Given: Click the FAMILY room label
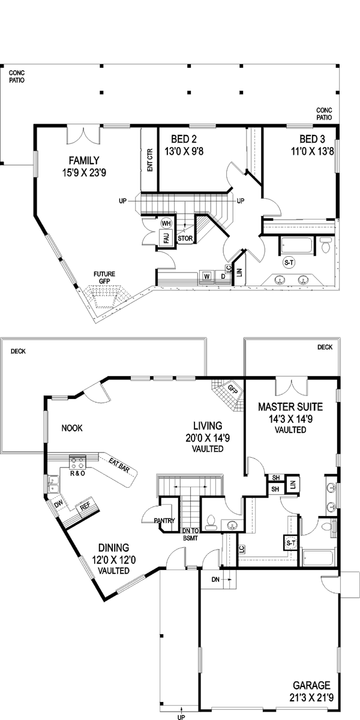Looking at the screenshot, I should point(83,160).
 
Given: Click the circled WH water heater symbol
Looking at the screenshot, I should point(166,223).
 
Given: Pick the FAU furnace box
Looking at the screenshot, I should point(166,238).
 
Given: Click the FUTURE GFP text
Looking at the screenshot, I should point(104,278).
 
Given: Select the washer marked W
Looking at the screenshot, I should point(206,275).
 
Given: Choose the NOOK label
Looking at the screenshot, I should point(71,428).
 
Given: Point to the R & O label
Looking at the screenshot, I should point(79,473).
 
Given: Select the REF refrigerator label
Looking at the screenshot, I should point(85,506).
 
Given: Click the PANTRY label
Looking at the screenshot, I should point(164,520).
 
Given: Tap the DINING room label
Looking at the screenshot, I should point(114,547).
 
